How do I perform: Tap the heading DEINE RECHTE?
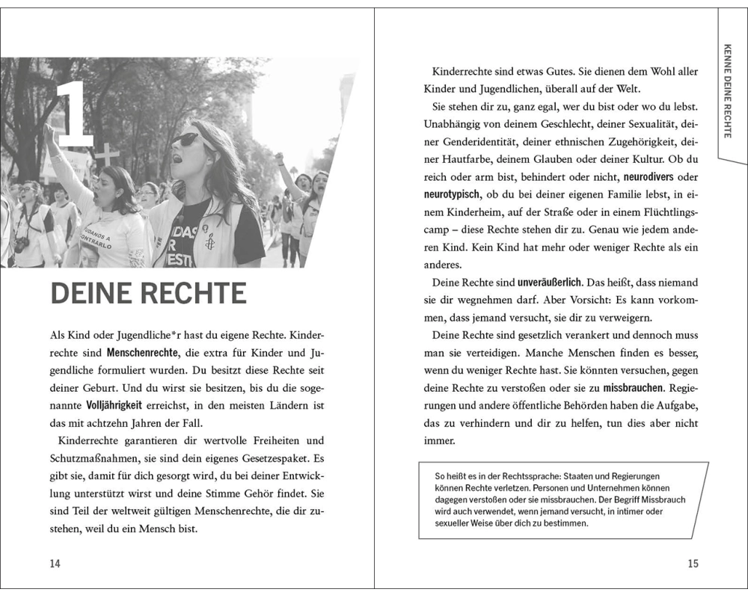148,293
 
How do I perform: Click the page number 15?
693,563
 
